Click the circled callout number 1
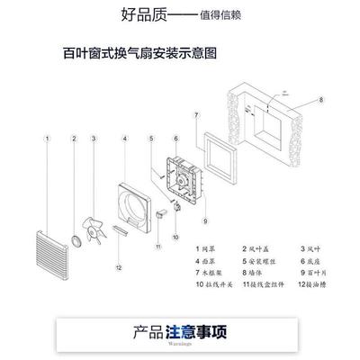click(48, 138)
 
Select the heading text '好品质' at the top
click(141, 14)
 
